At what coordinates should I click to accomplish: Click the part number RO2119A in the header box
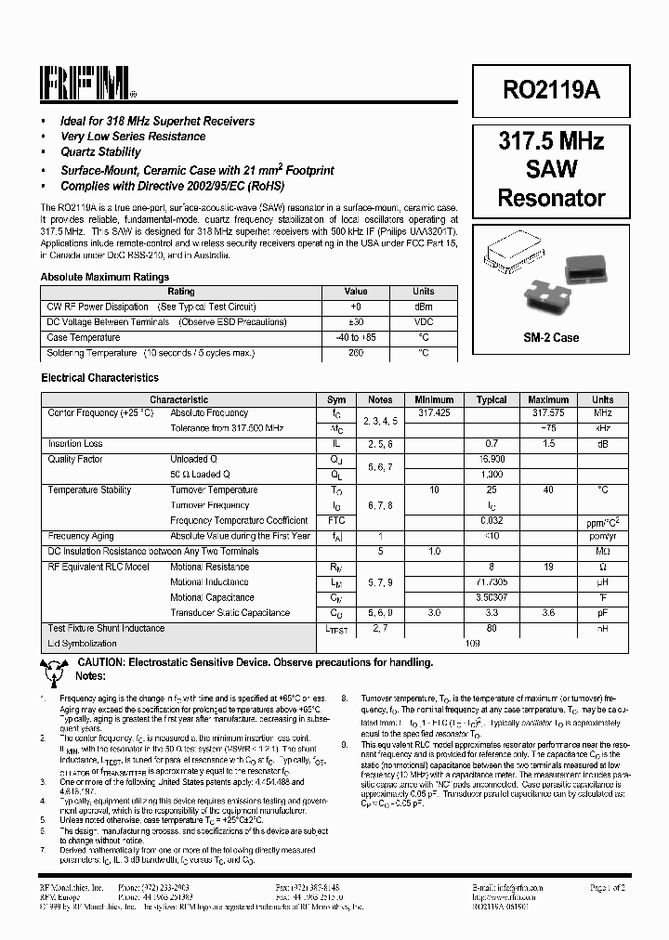(x=551, y=89)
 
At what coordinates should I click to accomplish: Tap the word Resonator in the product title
(x=551, y=198)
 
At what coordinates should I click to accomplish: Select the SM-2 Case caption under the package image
(x=551, y=337)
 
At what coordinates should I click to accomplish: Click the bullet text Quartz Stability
(x=100, y=152)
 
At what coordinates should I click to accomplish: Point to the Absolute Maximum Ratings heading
(x=105, y=277)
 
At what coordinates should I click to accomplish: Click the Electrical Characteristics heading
(x=99, y=378)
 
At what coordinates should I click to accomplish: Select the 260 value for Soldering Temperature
(x=356, y=353)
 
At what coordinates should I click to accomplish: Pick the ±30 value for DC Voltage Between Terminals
(x=356, y=322)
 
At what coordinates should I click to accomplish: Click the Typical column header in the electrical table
(x=492, y=400)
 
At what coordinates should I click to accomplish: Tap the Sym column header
(x=336, y=400)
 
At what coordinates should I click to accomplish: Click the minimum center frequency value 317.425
(x=434, y=413)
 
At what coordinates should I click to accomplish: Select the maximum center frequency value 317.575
(x=548, y=413)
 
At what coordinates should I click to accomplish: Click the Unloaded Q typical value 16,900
(x=492, y=460)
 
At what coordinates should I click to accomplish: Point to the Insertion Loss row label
(x=75, y=444)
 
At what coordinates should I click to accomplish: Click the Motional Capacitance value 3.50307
(x=492, y=597)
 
